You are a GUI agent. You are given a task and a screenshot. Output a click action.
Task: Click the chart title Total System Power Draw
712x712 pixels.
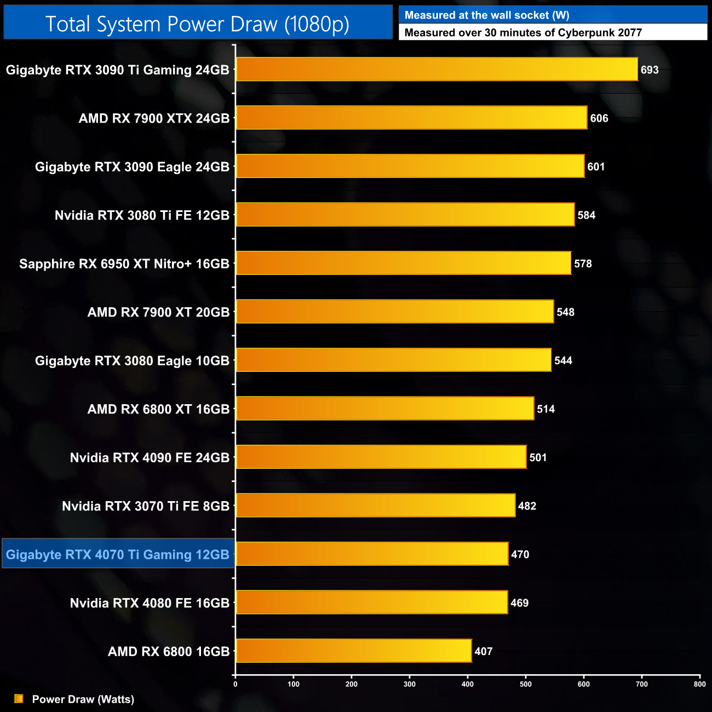[x=197, y=24]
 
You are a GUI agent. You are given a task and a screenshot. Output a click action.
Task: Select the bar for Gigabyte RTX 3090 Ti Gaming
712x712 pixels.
[x=437, y=70]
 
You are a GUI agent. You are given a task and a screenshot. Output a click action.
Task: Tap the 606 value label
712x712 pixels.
[x=599, y=118]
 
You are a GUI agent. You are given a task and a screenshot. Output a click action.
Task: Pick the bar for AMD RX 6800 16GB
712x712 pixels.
[x=353, y=651]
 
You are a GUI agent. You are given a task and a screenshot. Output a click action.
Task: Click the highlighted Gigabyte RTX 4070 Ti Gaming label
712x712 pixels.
[x=118, y=554]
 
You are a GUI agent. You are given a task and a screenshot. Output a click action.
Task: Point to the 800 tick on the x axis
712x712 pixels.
[x=699, y=684]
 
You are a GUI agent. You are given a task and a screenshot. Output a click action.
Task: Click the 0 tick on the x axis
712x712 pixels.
[x=236, y=684]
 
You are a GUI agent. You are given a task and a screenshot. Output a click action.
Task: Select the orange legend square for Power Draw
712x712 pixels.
[x=19, y=699]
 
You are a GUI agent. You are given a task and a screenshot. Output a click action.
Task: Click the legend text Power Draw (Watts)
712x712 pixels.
[x=83, y=699]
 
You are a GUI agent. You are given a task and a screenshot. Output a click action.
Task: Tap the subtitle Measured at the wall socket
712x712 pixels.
[x=486, y=15]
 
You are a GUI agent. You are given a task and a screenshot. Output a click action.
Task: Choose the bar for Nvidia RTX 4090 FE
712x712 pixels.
[x=381, y=457]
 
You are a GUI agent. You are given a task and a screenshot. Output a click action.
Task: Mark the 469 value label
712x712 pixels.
[x=519, y=603]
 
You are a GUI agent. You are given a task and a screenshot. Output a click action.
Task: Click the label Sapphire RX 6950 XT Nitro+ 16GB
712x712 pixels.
[x=124, y=264]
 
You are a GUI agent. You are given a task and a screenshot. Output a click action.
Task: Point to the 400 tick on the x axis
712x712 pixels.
[x=468, y=684]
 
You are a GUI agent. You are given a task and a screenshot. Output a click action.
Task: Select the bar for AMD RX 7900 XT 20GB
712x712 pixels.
[x=394, y=312]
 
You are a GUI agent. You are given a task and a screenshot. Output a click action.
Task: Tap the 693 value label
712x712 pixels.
[x=650, y=70]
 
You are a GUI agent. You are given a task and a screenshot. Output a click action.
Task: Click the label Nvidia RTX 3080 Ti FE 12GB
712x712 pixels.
[x=142, y=215]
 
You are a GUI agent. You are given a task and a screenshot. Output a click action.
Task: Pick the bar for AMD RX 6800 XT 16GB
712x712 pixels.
[x=384, y=409]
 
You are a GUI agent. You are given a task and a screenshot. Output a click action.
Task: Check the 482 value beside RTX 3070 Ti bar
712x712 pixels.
[x=527, y=506]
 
